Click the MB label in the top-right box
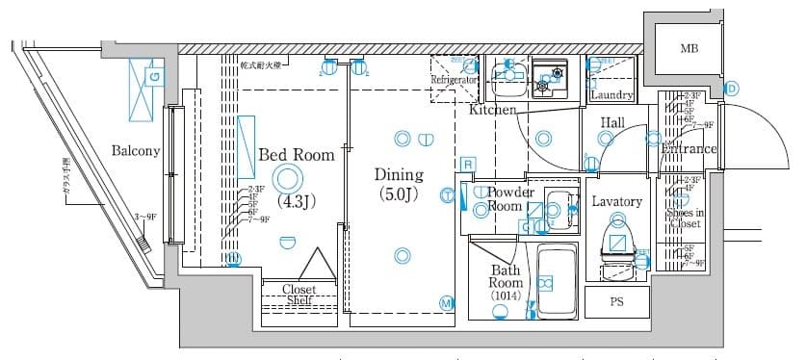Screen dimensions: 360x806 689,48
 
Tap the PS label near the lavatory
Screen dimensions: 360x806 616,301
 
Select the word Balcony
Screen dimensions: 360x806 135,150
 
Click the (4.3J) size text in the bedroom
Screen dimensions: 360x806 296,201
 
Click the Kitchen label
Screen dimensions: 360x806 492,112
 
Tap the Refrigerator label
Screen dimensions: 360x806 455,80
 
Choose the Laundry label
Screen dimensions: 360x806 611,95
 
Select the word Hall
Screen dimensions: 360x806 613,123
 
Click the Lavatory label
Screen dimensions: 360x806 615,201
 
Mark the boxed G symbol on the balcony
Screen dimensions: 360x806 154,74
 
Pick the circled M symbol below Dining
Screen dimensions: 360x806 447,303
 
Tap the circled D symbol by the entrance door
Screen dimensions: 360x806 731,89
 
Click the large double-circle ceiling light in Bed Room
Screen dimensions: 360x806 287,177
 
